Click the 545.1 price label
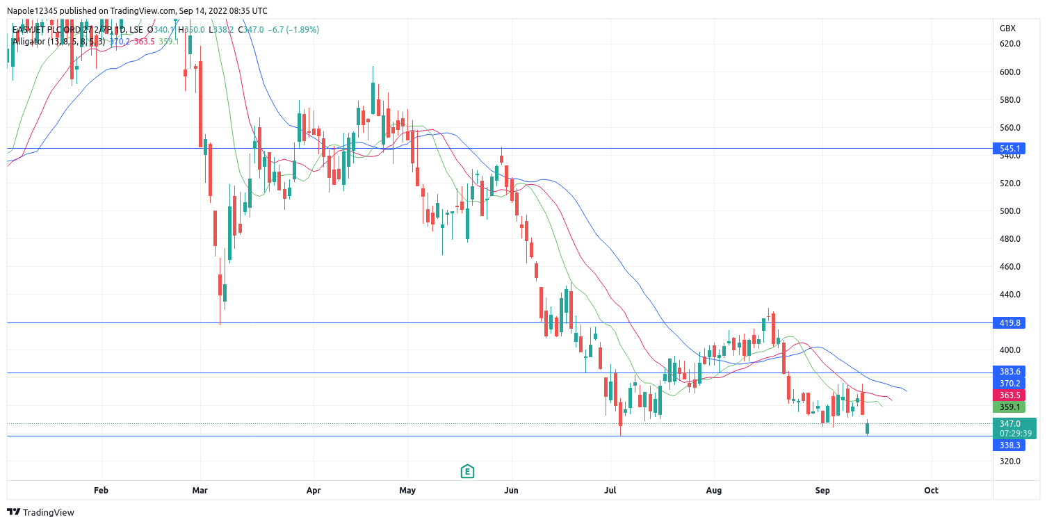click(1009, 149)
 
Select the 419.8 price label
click(1009, 323)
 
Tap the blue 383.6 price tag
click(1009, 372)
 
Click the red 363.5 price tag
click(1009, 395)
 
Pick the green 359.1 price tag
click(1009, 407)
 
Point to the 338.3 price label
click(1009, 445)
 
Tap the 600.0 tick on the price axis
click(1009, 72)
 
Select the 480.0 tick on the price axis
click(1009, 239)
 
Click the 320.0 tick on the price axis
click(1009, 461)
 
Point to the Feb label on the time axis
click(101, 491)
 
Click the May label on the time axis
click(407, 491)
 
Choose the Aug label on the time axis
click(713, 491)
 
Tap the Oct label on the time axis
click(931, 491)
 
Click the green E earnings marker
click(467, 472)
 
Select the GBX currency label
click(1007, 28)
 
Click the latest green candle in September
click(868, 428)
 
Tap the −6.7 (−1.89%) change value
click(291, 30)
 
